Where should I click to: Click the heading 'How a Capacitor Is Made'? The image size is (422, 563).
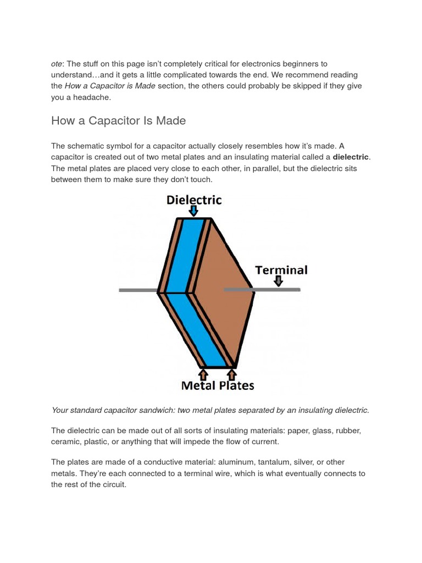coord(118,120)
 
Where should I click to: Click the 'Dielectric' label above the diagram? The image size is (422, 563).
coord(194,200)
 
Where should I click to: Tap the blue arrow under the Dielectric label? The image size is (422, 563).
coord(193,211)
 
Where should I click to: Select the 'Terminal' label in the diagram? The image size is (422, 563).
coord(281,270)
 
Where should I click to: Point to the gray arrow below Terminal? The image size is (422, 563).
coord(279,281)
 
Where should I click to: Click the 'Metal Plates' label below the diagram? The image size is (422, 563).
coord(218,385)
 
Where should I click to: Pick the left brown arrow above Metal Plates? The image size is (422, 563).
coord(203,374)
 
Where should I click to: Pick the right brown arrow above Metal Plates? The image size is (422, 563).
coord(231,374)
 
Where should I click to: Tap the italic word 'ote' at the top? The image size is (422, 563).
coord(57,64)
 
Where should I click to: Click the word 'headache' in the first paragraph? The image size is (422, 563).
coord(93,97)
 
